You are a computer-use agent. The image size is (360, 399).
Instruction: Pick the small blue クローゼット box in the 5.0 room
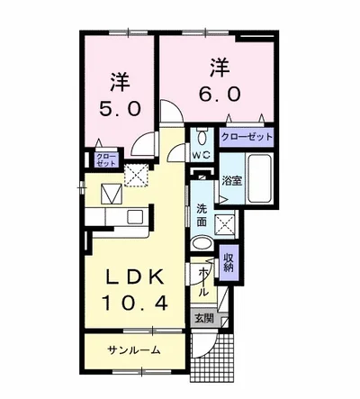coord(106,160)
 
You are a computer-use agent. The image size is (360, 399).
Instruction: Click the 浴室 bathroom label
coord(231,180)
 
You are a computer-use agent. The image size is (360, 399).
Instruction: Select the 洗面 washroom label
coord(202,215)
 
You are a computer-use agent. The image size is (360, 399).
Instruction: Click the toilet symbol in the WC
coord(200,139)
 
